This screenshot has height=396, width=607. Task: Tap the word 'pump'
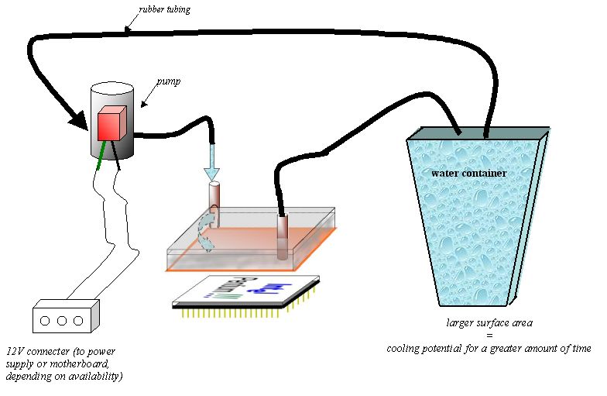pyautogui.click(x=169, y=81)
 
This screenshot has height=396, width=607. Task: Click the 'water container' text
pyautogui.click(x=468, y=173)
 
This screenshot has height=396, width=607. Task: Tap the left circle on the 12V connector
pyautogui.click(x=47, y=319)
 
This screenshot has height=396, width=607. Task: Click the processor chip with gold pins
pyautogui.click(x=246, y=292)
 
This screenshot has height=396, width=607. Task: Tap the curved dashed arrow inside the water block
pyautogui.click(x=205, y=231)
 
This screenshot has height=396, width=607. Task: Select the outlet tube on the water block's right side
pyautogui.click(x=283, y=236)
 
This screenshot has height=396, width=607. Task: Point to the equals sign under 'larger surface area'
pyautogui.click(x=489, y=336)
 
